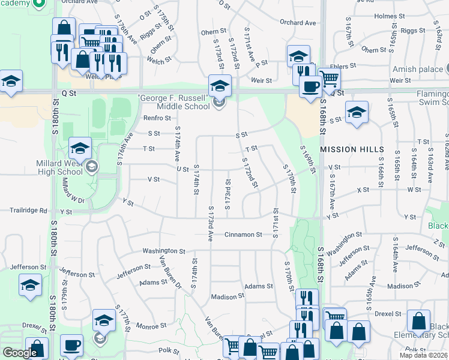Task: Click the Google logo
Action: [20, 353]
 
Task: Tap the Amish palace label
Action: [422, 70]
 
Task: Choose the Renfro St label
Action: [157, 118]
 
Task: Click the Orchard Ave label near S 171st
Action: [297, 23]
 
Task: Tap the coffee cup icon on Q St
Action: [310, 86]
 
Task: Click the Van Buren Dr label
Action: [169, 270]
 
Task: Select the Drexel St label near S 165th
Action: [388, 313]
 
